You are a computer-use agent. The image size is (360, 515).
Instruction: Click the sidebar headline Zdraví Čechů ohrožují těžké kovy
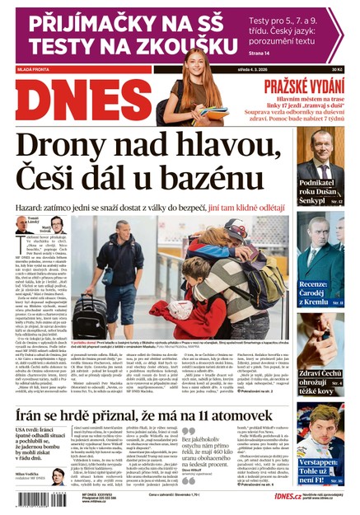pyautogui.click(x=320, y=378)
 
